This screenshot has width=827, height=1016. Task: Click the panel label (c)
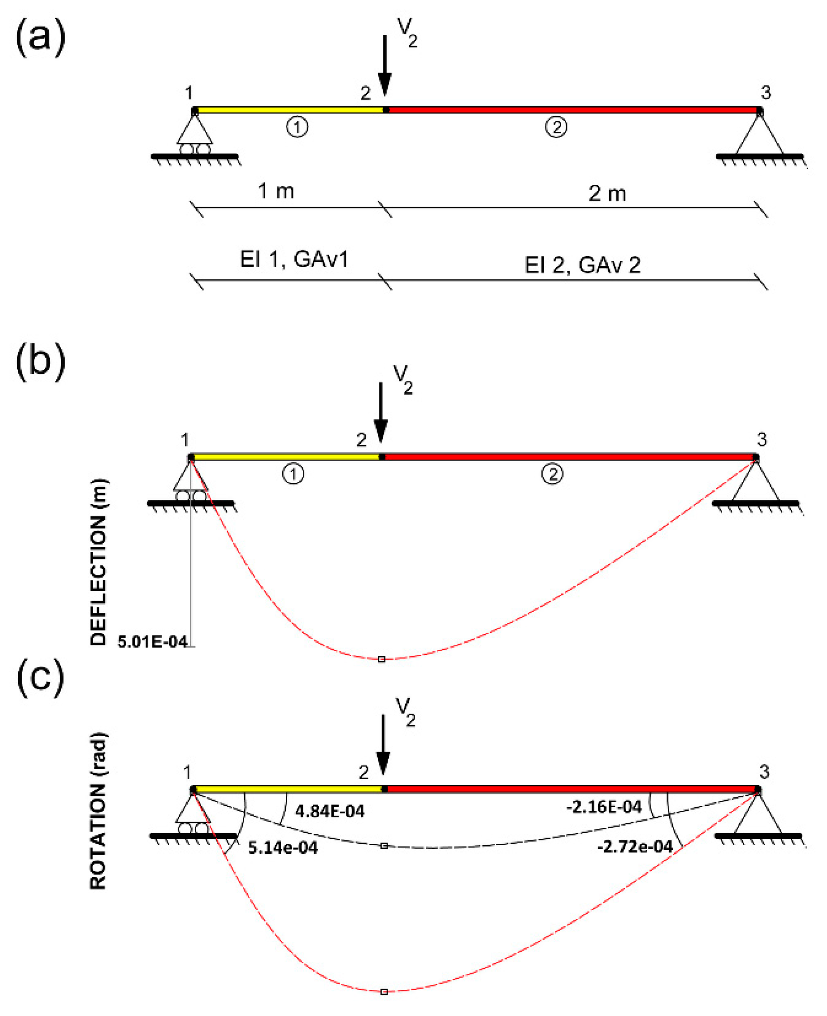tap(41, 677)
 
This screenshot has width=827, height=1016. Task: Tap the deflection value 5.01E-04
tap(152, 642)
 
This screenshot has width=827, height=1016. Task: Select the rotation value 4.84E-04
tap(330, 811)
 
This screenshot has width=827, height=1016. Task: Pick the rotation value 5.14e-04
tap(283, 848)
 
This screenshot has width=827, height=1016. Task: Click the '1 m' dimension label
tap(276, 191)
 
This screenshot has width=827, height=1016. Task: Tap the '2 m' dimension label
tap(607, 194)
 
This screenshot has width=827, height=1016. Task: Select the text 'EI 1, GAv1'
tap(294, 260)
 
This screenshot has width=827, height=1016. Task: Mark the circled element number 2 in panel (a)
tap(556, 127)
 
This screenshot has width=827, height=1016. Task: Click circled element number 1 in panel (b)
tap(293, 474)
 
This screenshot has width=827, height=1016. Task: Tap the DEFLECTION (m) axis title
tap(98, 562)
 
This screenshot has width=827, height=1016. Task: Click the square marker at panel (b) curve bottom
tap(382, 659)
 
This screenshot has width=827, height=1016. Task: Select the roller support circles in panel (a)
tap(195, 149)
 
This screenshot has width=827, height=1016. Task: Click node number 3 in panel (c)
tap(764, 772)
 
